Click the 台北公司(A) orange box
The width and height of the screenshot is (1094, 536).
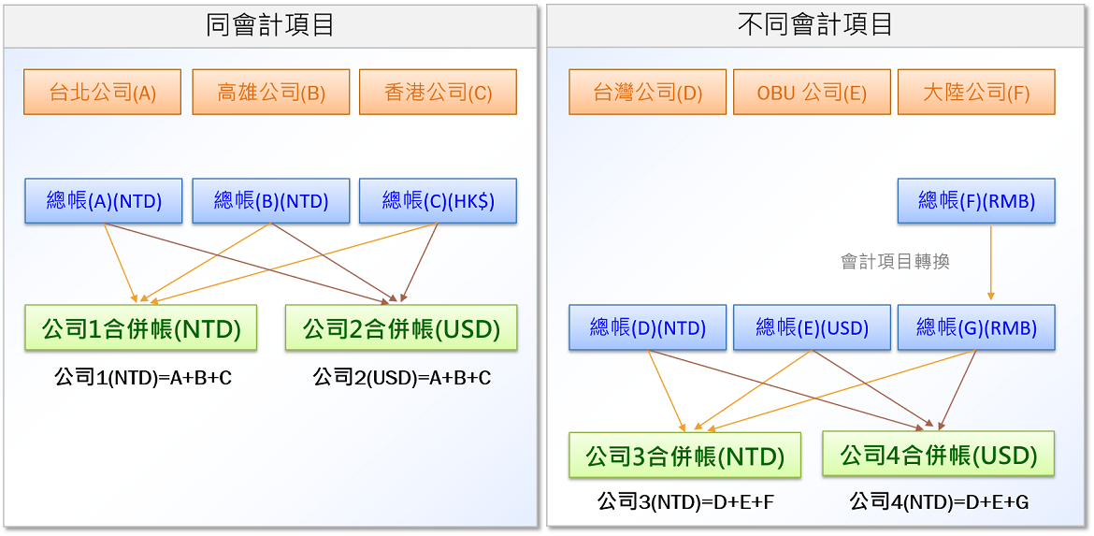coord(103,92)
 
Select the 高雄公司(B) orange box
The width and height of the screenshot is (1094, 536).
coord(271,92)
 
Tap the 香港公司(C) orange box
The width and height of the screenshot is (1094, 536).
coord(439,92)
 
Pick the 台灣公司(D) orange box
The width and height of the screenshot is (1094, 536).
coord(647,92)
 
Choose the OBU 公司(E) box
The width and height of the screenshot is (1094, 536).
coord(813,92)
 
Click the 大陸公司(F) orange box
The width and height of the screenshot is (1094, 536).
coord(976,92)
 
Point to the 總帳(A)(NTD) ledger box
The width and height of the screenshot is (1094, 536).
coord(103,201)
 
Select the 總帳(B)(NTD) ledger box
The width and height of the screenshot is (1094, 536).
coord(271,201)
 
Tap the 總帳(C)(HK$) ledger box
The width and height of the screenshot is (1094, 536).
coord(439,201)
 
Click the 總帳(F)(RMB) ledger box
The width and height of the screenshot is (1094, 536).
coord(976,201)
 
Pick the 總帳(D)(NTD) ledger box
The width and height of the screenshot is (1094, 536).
coord(647,327)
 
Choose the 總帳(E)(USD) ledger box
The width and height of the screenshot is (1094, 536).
coord(813,327)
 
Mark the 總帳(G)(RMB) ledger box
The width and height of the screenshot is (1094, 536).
coord(976,327)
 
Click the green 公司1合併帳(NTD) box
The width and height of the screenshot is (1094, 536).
coord(141,327)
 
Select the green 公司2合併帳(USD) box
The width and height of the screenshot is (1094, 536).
coord(401,327)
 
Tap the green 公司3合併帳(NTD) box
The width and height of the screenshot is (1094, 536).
coord(684,455)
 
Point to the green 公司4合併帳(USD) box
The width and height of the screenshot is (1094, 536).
coord(939,455)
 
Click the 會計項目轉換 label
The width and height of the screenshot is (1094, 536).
coord(896,263)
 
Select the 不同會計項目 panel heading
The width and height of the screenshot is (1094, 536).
coord(815,25)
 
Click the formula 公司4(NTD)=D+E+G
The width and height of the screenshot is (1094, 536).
coord(939,501)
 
